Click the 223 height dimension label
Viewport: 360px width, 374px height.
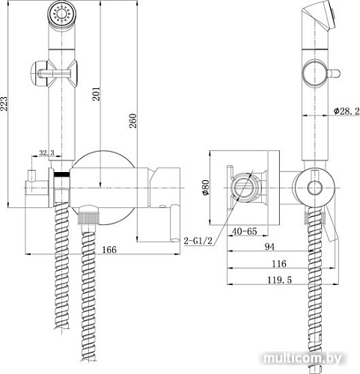(7, 104)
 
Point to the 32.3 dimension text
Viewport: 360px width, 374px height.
(46, 153)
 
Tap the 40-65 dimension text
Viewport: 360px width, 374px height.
(245, 232)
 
